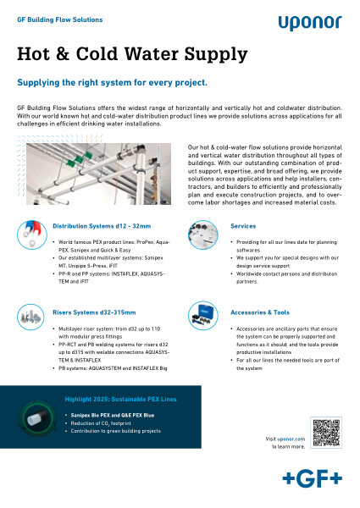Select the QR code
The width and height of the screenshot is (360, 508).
click(325, 433)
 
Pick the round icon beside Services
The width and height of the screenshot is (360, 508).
click(207, 233)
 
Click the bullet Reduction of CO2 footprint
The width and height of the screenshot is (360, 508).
click(101, 422)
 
